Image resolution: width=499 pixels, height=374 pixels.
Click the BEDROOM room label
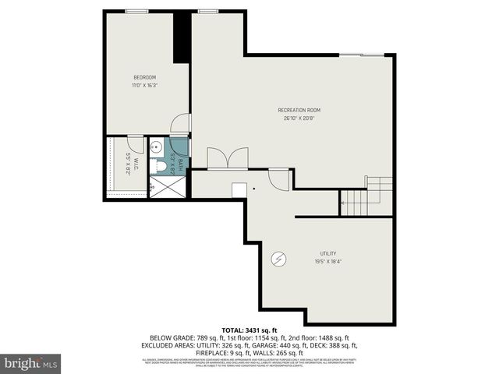coord(145,77)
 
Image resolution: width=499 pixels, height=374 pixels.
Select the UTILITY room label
coord(327,253)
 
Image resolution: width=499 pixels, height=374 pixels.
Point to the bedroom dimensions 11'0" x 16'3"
coord(145,85)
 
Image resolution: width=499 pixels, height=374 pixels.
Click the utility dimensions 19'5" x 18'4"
coord(327,262)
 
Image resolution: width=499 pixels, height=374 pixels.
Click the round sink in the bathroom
coord(155,146)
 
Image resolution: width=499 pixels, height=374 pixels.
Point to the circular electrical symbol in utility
coord(276,259)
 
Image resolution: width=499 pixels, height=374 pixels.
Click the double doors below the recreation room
coord(228,158)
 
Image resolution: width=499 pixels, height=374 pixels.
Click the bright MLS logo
coord(31,363)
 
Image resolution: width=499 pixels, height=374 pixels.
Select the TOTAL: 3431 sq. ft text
coord(249,330)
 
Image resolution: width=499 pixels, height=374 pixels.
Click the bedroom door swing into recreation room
coord(181,123)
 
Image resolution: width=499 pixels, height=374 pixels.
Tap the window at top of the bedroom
coord(137,11)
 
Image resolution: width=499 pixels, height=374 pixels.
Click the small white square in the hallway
coord(239,190)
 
